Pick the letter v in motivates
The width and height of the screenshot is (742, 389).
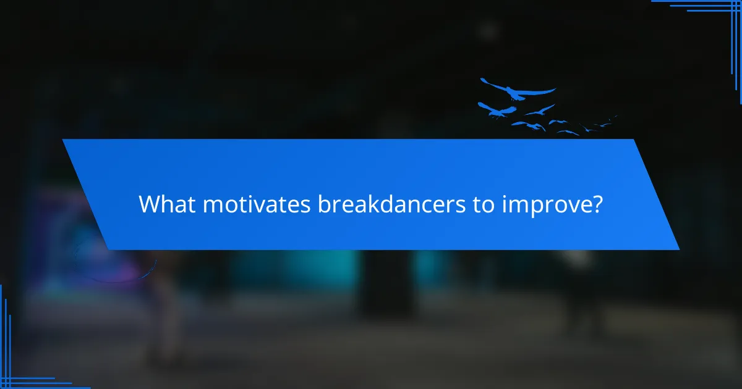(270, 205)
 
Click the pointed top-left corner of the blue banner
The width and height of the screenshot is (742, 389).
(63, 140)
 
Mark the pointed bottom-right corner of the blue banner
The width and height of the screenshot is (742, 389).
(678, 249)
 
